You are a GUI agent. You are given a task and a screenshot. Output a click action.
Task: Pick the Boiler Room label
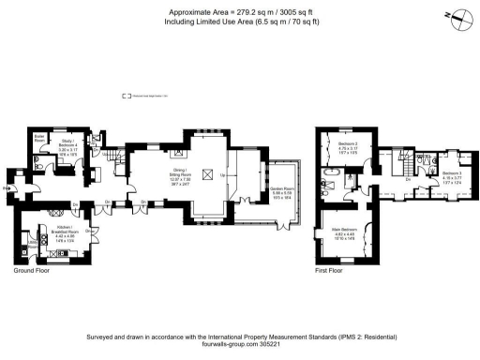tap(40, 141)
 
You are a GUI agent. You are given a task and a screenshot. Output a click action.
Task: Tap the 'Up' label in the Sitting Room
tap(221, 174)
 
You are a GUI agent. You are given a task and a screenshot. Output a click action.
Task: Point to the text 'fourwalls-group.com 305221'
tap(239, 343)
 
